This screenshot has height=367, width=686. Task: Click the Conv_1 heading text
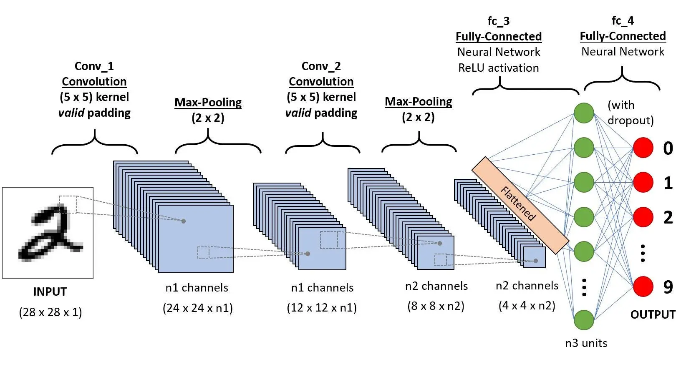(x=94, y=66)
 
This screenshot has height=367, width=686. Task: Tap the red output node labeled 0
(x=643, y=148)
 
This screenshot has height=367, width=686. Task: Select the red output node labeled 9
(x=643, y=286)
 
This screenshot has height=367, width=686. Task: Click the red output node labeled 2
(x=643, y=217)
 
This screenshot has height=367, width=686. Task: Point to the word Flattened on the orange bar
(x=518, y=204)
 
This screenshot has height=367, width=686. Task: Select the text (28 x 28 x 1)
(x=50, y=312)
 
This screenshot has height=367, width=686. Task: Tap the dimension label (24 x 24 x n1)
(x=197, y=308)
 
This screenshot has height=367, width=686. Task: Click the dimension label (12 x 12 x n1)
(x=322, y=308)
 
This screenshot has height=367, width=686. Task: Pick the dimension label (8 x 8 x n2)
(x=436, y=306)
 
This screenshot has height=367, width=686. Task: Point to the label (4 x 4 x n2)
(x=527, y=306)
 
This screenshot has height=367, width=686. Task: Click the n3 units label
(x=586, y=343)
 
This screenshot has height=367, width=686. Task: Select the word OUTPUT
(x=653, y=314)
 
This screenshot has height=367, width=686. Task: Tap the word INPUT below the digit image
(x=50, y=292)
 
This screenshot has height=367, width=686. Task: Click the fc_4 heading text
(x=623, y=20)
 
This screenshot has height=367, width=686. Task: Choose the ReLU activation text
(x=498, y=68)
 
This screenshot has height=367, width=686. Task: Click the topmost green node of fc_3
(x=584, y=113)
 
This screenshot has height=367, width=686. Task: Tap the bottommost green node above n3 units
(x=584, y=320)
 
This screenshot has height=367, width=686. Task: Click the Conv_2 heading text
(x=321, y=66)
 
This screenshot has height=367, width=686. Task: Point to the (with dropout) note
(x=630, y=113)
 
